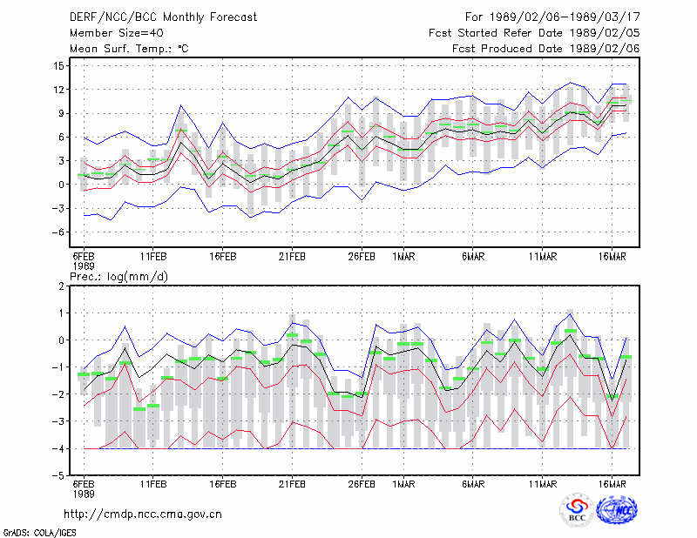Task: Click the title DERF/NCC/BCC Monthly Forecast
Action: coord(163,17)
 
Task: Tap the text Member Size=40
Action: coord(117,33)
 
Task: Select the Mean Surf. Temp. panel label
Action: coord(129,49)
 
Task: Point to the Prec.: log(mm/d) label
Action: coord(118,277)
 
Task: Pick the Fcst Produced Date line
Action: coord(546,49)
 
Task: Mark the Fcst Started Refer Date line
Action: coord(534,33)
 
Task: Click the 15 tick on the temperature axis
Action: coord(58,66)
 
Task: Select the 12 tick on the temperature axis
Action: coord(58,90)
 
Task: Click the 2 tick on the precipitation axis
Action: coord(61,286)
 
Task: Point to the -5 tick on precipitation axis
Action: coord(58,476)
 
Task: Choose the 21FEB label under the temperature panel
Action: coord(292,257)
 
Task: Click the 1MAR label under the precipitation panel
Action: coord(403,484)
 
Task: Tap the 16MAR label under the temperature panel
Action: coord(612,257)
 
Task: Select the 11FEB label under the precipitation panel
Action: coord(153,484)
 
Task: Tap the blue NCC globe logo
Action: coord(617,509)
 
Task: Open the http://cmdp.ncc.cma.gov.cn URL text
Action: coord(143,514)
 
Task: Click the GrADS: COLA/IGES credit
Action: coord(39,533)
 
